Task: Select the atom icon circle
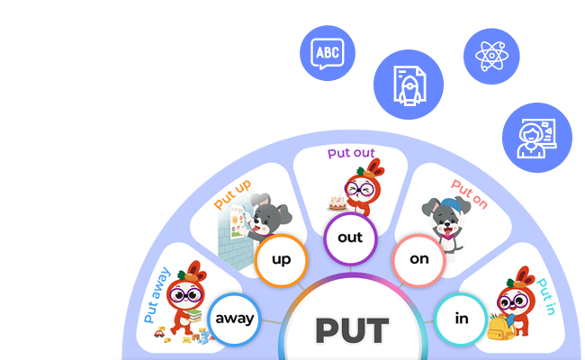491,56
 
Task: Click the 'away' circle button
234,319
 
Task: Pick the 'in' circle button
460,318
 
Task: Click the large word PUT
352,330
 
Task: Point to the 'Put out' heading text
350,154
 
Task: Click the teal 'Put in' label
547,297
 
